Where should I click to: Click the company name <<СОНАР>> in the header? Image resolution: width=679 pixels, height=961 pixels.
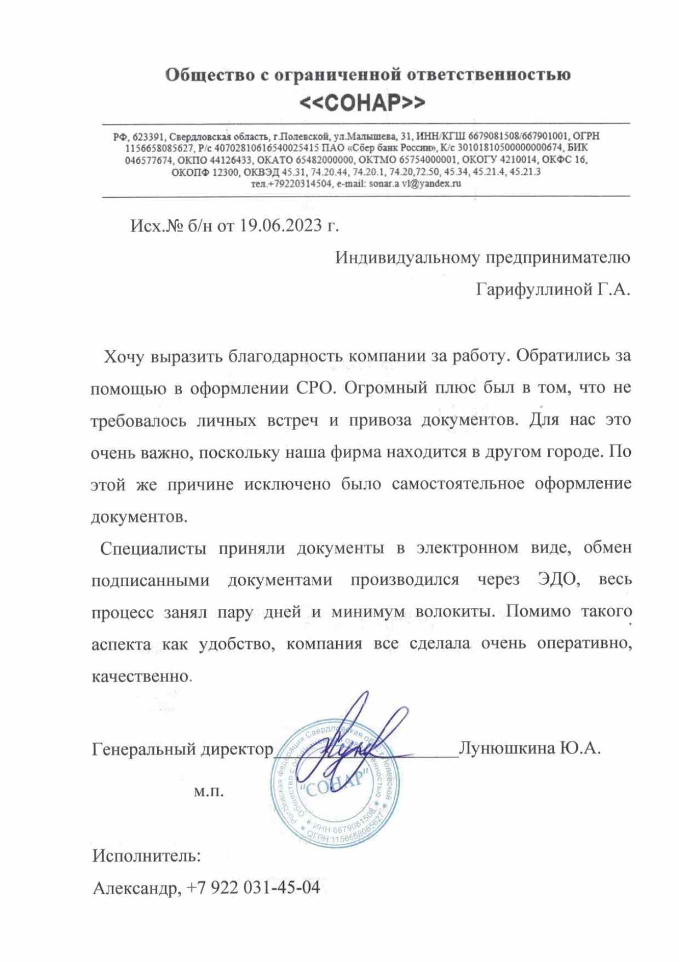pyautogui.click(x=362, y=102)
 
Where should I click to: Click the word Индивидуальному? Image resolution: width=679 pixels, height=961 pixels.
pyautogui.click(x=408, y=257)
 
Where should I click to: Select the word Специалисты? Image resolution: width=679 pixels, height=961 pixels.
pyautogui.click(x=153, y=548)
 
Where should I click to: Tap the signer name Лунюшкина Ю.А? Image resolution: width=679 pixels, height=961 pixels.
pyautogui.click(x=530, y=748)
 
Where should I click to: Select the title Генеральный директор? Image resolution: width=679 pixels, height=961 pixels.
pyautogui.click(x=182, y=749)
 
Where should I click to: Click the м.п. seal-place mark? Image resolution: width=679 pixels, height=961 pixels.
pyautogui.click(x=209, y=791)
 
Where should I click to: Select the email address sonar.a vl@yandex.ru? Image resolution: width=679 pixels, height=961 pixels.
pyautogui.click(x=415, y=184)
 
